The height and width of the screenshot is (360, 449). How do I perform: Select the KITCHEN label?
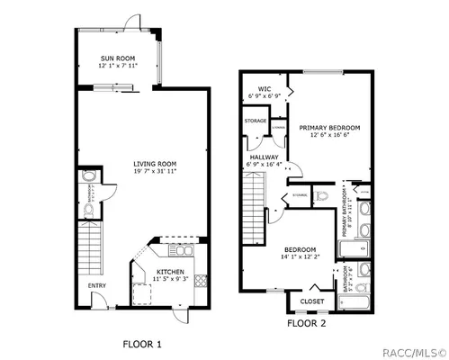(x=170, y=271)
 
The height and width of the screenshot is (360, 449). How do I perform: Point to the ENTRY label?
(x=96, y=286)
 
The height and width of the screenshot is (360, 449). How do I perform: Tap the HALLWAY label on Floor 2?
(x=263, y=157)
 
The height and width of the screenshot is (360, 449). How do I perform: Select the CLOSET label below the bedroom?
(x=311, y=301)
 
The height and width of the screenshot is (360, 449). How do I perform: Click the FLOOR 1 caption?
(x=141, y=342)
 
